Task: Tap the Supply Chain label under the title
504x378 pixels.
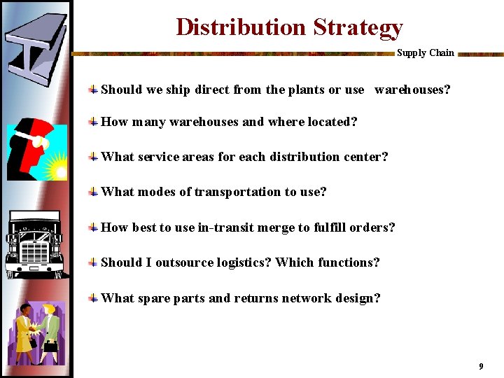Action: pos(425,53)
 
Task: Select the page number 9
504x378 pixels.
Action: pos(481,366)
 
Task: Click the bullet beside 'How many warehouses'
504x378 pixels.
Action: pos(92,122)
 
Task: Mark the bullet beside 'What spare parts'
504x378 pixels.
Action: pos(92,298)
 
